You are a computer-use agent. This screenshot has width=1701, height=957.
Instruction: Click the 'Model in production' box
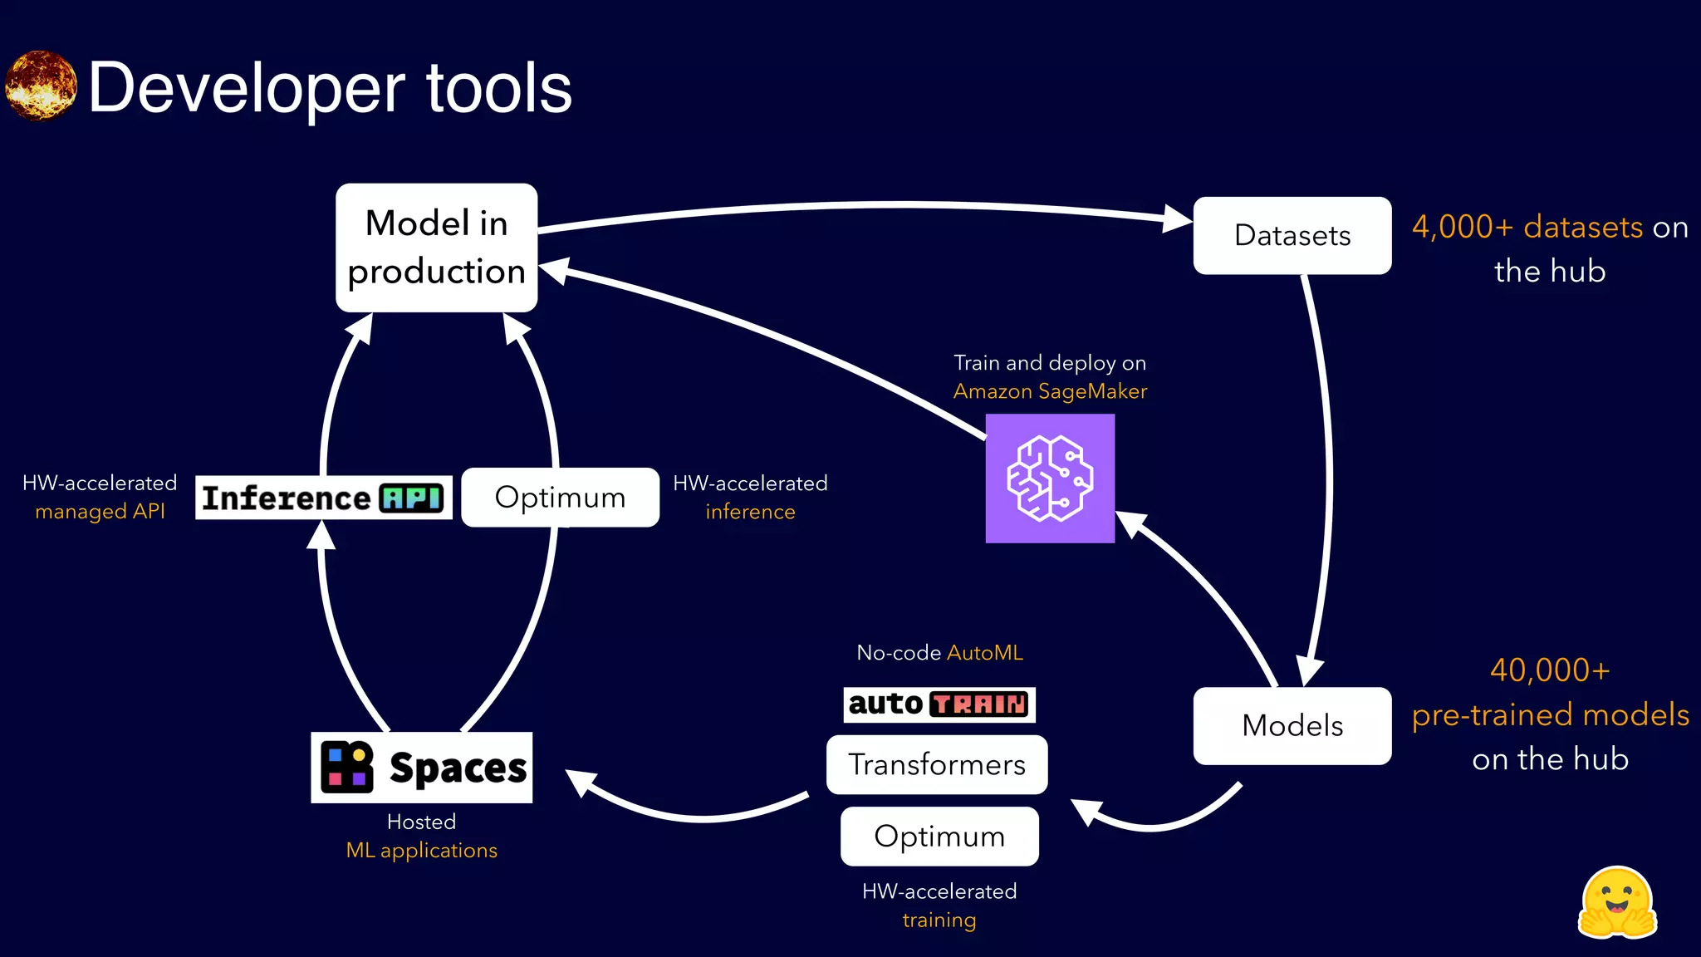click(436, 248)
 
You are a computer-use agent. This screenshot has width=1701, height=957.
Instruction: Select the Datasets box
click(1292, 235)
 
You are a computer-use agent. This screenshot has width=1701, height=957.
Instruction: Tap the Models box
click(1292, 725)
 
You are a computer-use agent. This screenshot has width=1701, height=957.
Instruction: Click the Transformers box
click(937, 764)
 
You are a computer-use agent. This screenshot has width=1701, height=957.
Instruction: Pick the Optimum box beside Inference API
click(560, 497)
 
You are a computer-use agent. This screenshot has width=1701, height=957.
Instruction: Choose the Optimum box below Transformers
click(939, 836)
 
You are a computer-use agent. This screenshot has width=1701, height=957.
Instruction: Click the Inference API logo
click(323, 498)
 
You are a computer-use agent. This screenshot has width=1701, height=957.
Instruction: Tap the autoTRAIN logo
click(939, 704)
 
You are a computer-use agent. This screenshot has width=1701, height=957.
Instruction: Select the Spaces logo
click(422, 767)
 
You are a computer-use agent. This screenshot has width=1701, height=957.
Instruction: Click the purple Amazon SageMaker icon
click(1050, 478)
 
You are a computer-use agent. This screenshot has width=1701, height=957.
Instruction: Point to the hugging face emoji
click(1616, 903)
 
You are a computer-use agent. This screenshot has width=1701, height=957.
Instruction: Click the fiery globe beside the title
click(41, 86)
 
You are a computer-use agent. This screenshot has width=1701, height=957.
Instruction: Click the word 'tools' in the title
click(498, 88)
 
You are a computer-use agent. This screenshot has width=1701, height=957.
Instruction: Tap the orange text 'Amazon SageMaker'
click(1050, 391)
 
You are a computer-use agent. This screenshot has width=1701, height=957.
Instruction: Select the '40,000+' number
click(1550, 670)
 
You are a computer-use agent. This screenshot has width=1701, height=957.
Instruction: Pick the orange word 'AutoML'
click(985, 653)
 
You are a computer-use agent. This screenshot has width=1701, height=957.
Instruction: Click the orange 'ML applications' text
click(421, 851)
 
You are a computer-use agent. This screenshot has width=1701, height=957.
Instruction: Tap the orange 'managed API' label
click(100, 512)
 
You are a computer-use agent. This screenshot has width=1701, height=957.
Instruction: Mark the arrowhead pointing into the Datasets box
click(1178, 219)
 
